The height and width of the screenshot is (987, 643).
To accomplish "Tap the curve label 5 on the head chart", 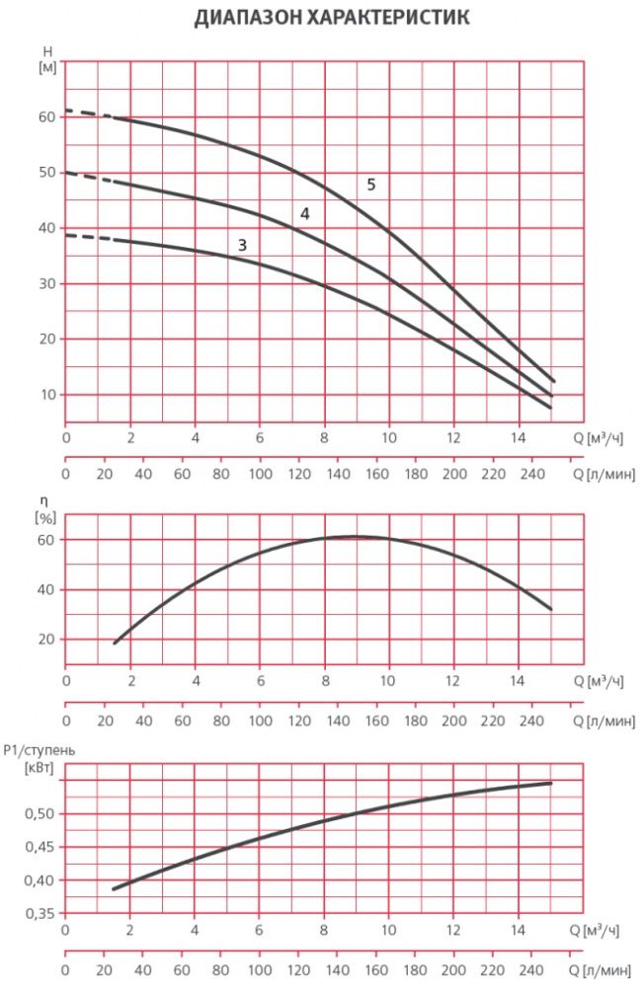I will click(371, 185).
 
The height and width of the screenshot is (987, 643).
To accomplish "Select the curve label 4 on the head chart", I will click(305, 214).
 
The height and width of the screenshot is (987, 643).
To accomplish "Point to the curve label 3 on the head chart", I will click(241, 244).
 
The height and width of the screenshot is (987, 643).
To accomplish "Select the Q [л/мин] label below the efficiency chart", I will click(605, 721).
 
